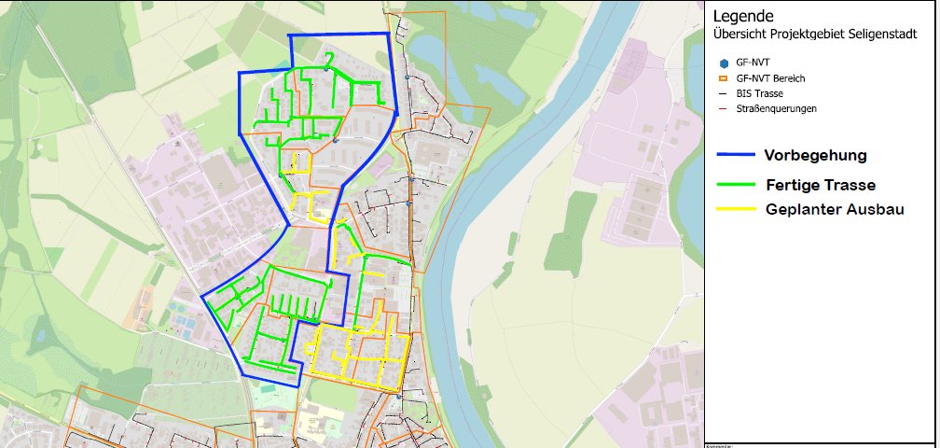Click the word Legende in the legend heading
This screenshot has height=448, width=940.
pos(743,17)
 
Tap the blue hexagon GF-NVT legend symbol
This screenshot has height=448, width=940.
pos(723,63)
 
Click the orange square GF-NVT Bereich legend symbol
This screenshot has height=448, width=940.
pos(723,78)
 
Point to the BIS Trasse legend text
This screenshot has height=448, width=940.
pos(759,93)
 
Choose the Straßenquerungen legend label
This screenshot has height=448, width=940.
pos(776,108)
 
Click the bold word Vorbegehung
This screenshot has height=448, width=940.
pos(816,154)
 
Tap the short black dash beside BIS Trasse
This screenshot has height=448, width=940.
pos(722,93)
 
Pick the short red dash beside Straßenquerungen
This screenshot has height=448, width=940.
pos(722,108)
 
